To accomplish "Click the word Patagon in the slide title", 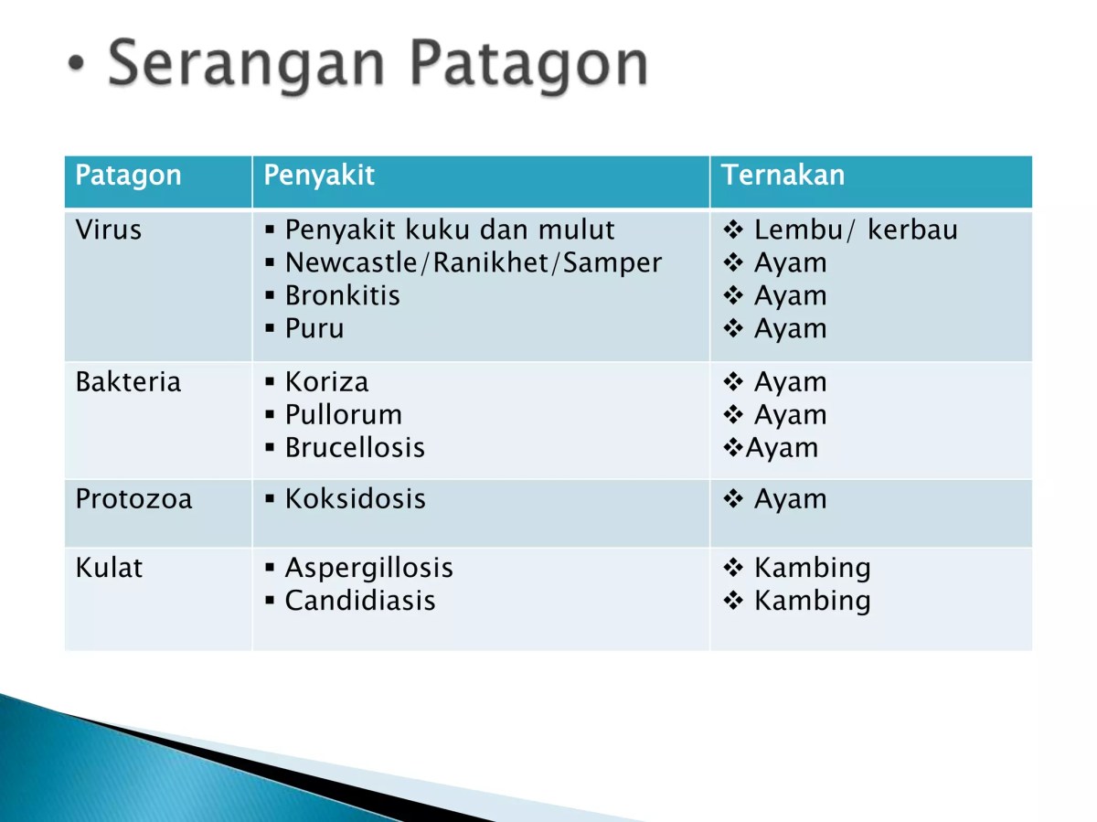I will click(528, 65).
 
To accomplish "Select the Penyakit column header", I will click(319, 176).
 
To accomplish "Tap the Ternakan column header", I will click(783, 176).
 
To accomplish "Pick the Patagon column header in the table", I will click(128, 176).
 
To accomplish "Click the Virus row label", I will click(108, 230).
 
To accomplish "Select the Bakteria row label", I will click(128, 381).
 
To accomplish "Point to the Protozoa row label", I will click(133, 499).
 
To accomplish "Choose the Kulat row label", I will click(109, 568).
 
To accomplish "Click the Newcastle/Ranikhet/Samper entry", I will click(473, 263).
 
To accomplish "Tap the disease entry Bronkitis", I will click(342, 296).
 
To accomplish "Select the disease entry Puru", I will click(314, 329).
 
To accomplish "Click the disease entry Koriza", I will click(326, 381).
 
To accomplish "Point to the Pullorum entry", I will click(343, 415).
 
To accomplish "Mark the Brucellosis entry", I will click(355, 448).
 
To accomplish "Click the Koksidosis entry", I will click(355, 499).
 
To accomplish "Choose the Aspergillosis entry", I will click(368, 568).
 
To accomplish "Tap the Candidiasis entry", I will click(359, 601).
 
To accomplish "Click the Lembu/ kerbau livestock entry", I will click(855, 230).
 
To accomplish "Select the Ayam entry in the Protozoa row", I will click(789, 499).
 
